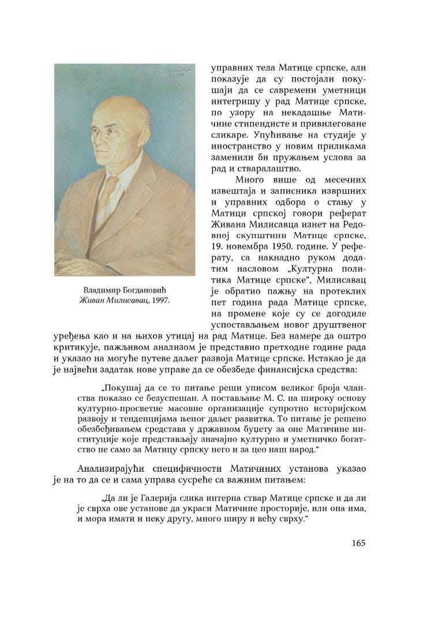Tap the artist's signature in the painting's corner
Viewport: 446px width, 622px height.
coord(181,72)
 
